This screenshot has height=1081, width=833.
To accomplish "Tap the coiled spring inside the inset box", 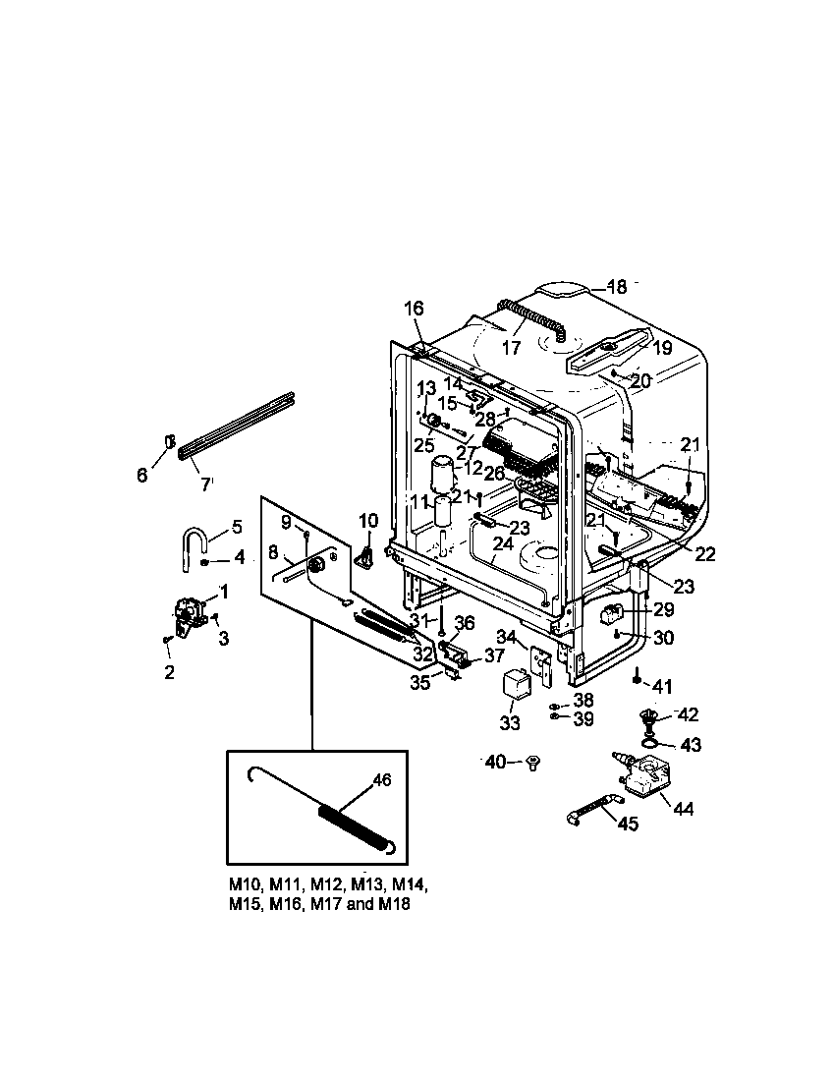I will (355, 827).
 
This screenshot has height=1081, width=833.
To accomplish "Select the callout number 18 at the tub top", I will (616, 287).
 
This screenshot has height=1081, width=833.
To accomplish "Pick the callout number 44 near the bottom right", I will (681, 808).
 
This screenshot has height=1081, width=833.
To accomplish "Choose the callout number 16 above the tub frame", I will (414, 309).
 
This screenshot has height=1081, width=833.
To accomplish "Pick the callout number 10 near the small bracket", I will (367, 520).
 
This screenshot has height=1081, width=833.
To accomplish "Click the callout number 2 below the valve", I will (169, 672).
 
